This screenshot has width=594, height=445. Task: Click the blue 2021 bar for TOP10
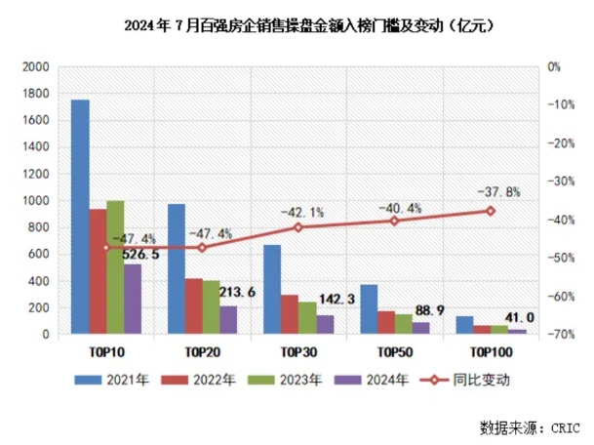(x=81, y=217)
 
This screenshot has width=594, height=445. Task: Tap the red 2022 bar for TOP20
(x=193, y=306)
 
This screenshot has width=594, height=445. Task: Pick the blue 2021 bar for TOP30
(x=272, y=289)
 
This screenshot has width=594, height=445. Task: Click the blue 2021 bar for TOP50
(x=369, y=309)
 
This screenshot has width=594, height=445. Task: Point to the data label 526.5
(x=140, y=257)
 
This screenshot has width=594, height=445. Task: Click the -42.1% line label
(x=300, y=211)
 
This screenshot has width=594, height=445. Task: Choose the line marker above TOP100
(x=491, y=211)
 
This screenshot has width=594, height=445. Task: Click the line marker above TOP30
(x=298, y=227)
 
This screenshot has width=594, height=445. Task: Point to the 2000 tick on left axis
(x=35, y=67)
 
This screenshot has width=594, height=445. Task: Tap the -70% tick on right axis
(x=560, y=335)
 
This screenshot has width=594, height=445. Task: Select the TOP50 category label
(x=394, y=349)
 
